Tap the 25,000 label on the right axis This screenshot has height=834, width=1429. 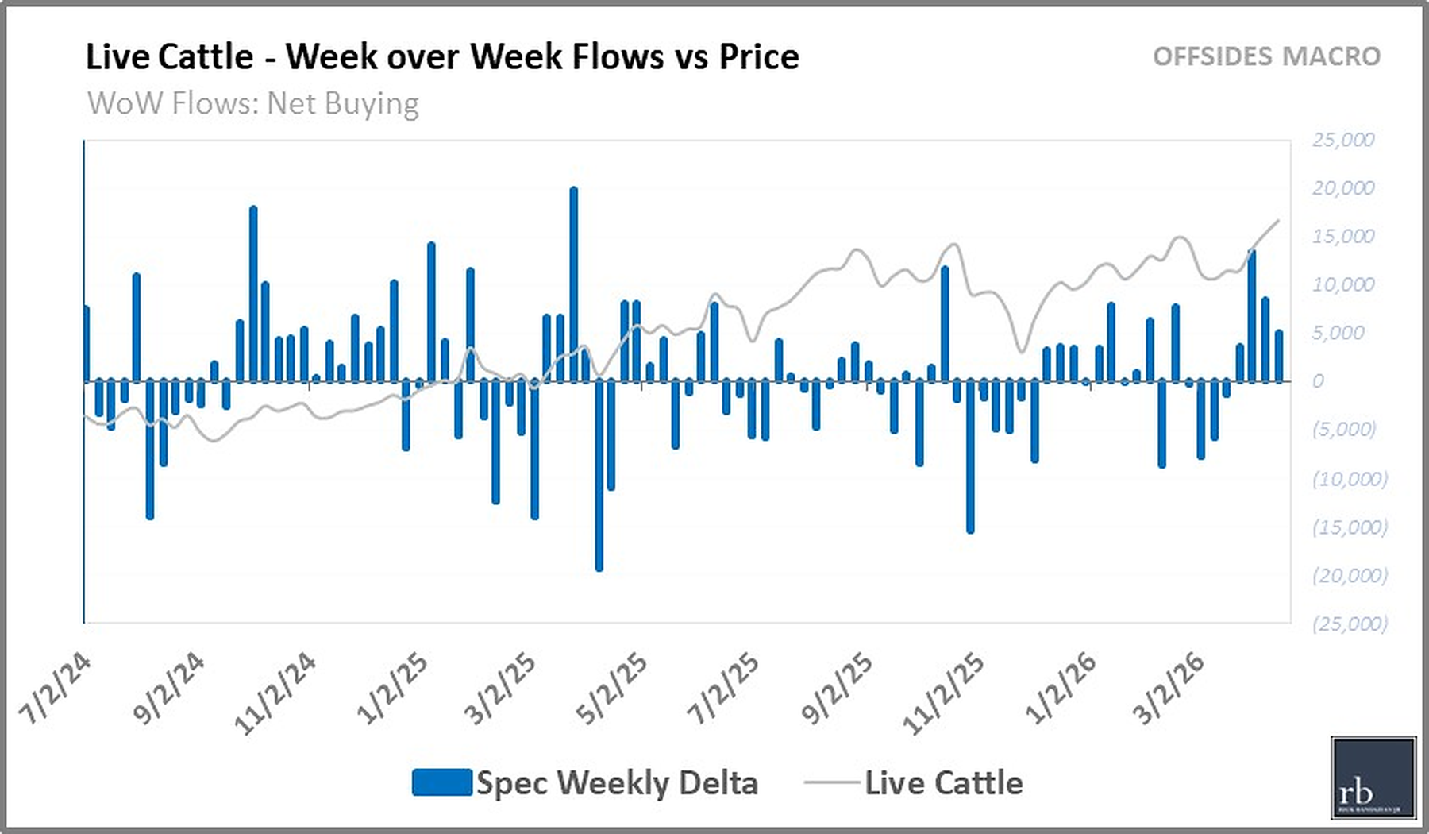[x=1342, y=140]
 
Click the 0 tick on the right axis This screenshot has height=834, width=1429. [x=1318, y=381]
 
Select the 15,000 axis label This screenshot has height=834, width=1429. [x=1342, y=237]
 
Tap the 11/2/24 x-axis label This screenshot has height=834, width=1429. [x=275, y=692]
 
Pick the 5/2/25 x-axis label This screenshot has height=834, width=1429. [x=611, y=689]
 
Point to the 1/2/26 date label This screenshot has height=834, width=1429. [x=1060, y=689]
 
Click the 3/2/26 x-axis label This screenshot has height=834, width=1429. [x=1168, y=689]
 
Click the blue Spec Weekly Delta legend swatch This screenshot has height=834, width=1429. [x=442, y=782]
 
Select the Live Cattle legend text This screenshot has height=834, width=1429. [x=943, y=783]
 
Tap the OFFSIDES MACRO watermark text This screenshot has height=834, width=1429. [x=1266, y=56]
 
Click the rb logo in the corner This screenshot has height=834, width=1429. [x=1373, y=778]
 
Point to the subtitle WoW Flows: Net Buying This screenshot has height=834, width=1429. [x=253, y=103]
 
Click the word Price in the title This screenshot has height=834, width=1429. [x=759, y=56]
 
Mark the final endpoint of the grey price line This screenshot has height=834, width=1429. [x=1278, y=221]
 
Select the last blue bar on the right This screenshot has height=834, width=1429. [x=1279, y=357]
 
